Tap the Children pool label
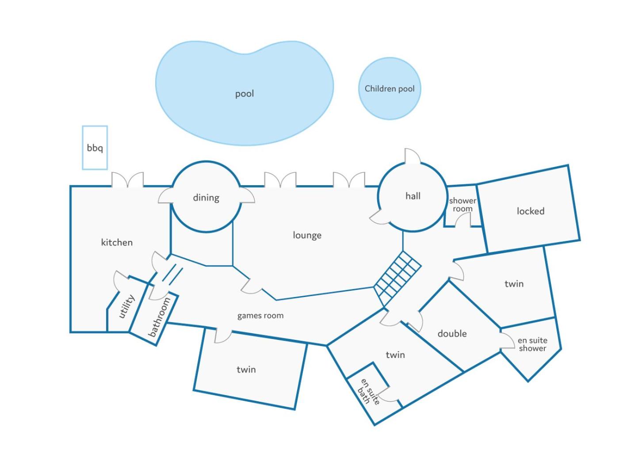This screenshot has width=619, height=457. point(390,89)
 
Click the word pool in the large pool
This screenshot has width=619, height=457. point(245,94)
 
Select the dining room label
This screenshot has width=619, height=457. point(206,198)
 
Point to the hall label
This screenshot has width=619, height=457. point(413,196)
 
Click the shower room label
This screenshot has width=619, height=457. point(462,205)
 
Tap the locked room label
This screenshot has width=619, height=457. point(530,211)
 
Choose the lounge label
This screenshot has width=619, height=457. point(307,235)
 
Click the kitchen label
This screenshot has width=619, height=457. point(117,242)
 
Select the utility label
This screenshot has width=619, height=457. point(127,306)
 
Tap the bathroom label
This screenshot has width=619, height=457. point(159,317)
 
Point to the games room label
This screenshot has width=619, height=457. point(260,316)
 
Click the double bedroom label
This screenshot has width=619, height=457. point(452,333)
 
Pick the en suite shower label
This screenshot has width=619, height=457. point(532,344)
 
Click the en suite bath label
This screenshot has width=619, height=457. point(368,392)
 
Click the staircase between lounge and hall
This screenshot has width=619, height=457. point(397,278)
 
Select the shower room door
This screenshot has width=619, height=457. point(462,220)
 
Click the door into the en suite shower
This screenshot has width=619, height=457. point(507,340)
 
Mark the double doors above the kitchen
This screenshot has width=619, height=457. point(127,180)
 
